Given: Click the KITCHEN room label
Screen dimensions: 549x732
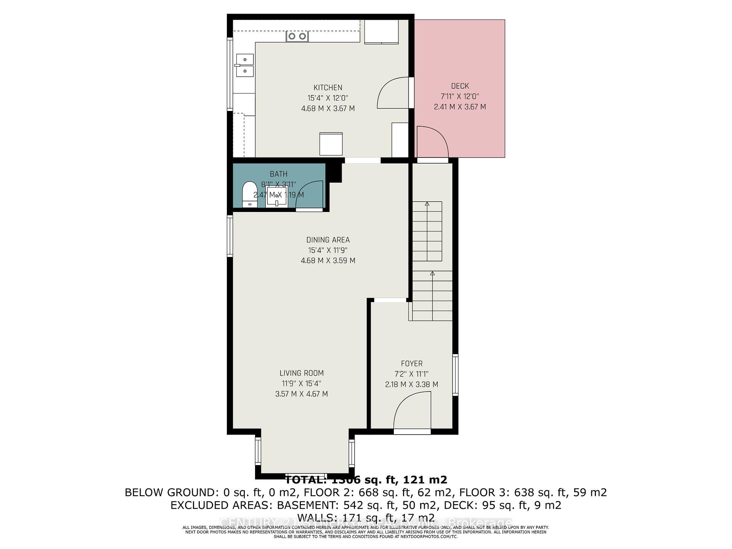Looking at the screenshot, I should coord(328,88).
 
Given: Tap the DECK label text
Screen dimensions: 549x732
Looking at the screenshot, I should coord(460,86).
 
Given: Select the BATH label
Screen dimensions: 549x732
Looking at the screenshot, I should coord(279,174).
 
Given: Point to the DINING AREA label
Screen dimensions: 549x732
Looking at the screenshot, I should coord(328,240).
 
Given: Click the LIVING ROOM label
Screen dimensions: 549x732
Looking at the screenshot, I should coord(301,373).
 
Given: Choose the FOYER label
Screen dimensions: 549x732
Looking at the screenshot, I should coord(412,364).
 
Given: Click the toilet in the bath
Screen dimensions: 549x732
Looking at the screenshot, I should coord(250,194).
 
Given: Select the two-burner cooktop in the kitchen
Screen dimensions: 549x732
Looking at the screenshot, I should coord(297,36).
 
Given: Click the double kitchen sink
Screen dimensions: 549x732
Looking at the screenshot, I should coord(244,65).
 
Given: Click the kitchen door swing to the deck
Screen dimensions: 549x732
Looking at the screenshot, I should coord(393,93).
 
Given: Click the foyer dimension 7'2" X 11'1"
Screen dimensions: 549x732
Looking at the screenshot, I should coord(412,374).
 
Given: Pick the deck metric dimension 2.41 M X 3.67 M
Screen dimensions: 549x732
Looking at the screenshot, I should coord(460,107).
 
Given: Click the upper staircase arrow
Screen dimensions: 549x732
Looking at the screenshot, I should coord(427,204).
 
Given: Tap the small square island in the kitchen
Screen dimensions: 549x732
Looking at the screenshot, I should coord(331,144).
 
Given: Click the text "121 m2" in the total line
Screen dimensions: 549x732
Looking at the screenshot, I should coord(425,480).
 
